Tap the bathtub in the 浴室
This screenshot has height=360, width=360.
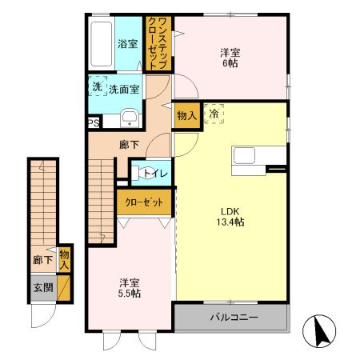[x=101, y=44]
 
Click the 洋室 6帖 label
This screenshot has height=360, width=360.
[x=230, y=59]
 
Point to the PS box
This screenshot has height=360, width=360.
[x=94, y=122]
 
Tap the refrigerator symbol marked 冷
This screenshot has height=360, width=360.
[x=214, y=114]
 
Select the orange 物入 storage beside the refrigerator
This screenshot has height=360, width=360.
[x=186, y=117]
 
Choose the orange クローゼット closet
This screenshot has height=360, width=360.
[x=144, y=202]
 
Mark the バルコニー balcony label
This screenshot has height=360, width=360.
[x=234, y=318]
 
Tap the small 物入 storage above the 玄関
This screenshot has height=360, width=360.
[x=64, y=259]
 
